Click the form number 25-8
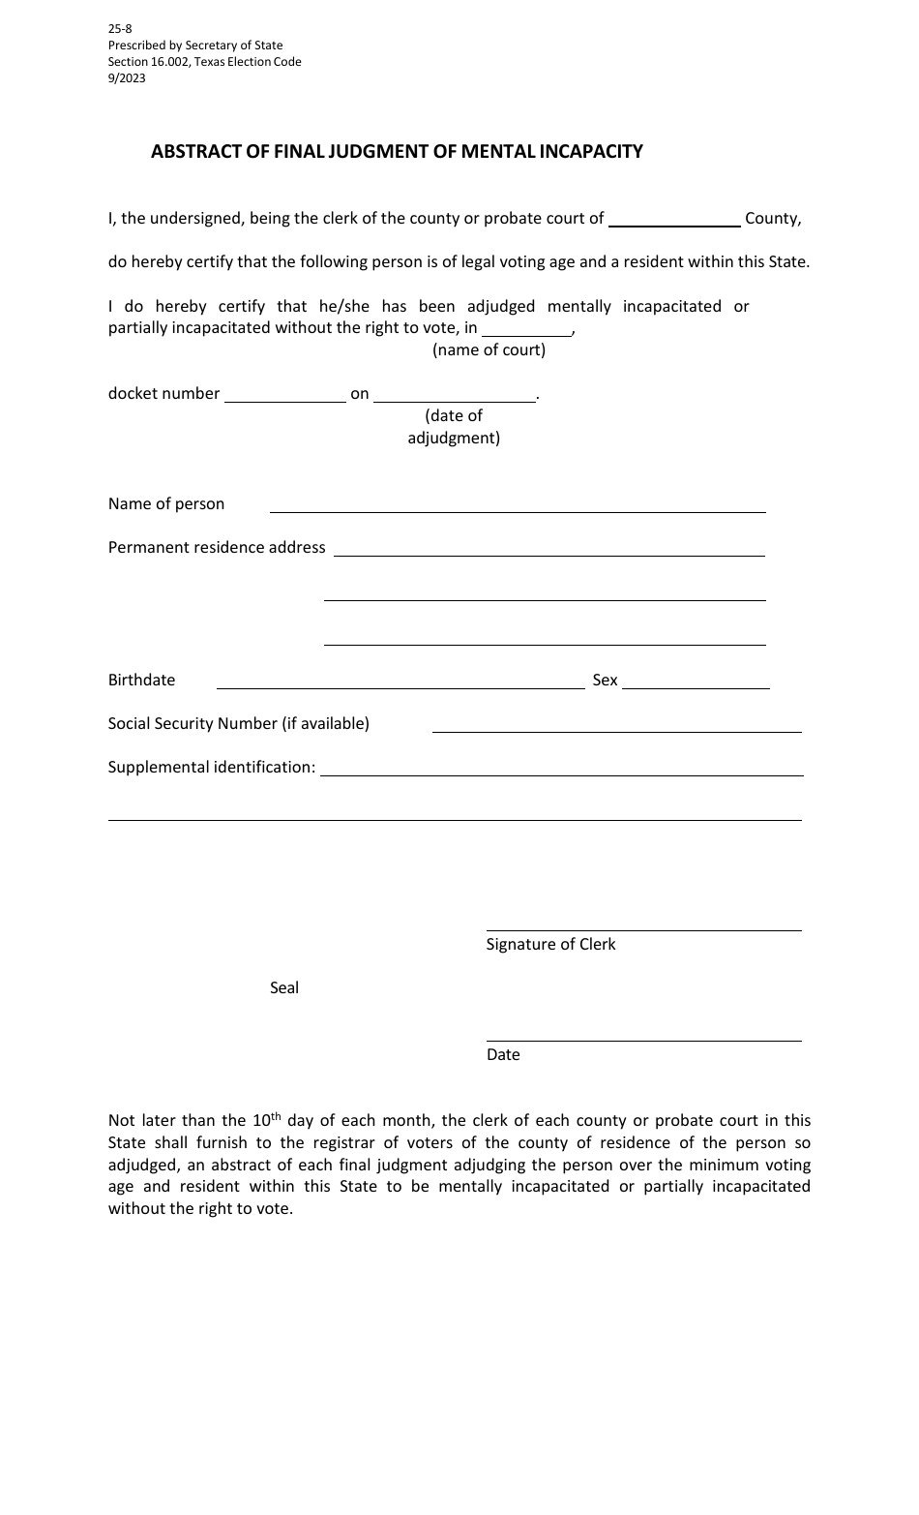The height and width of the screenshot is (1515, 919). click(120, 29)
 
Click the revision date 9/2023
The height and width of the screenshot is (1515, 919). click(127, 78)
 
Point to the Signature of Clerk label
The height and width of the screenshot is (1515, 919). click(550, 944)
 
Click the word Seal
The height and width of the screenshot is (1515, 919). click(284, 987)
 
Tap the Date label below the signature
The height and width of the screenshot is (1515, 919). click(503, 1054)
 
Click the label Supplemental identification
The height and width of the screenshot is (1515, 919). click(212, 767)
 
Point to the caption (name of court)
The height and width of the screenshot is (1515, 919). click(489, 349)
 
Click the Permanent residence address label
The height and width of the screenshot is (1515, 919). click(217, 547)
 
